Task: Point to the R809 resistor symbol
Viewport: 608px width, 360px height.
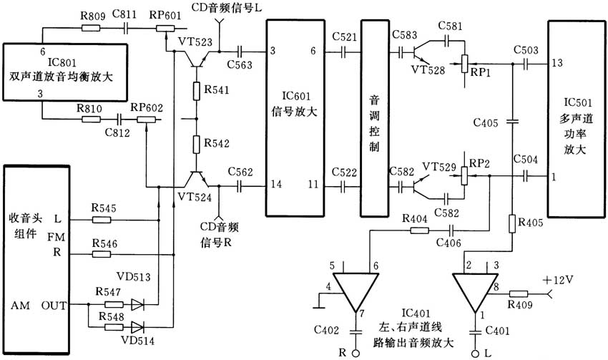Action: click(90, 28)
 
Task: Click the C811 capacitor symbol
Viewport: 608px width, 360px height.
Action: click(126, 28)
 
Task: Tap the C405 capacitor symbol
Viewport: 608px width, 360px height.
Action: click(512, 122)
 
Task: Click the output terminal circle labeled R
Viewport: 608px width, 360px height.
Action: click(356, 352)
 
